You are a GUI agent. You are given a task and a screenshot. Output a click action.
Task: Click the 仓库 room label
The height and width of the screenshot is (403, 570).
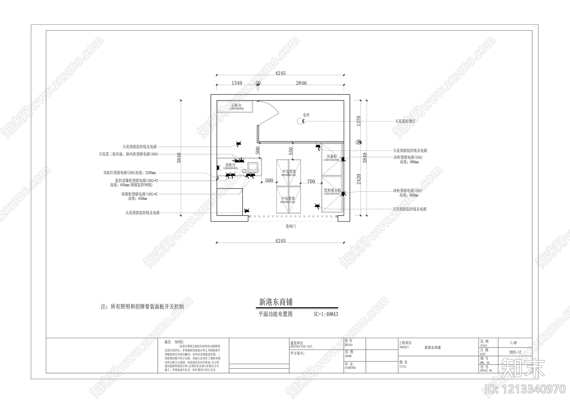click(x=306, y=115)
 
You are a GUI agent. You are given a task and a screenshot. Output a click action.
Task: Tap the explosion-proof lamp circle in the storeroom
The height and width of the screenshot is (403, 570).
click(x=300, y=121)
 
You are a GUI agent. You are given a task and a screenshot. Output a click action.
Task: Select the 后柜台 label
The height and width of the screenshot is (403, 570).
click(x=236, y=105)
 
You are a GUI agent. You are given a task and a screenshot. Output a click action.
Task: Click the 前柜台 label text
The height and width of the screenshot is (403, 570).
click(x=230, y=165)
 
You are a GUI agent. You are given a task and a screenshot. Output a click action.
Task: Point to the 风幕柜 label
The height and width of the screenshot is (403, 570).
click(x=332, y=156)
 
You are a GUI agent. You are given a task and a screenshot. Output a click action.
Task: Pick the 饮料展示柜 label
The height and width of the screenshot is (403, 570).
click(x=332, y=191)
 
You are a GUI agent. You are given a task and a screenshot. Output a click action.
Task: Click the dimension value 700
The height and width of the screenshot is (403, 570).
click(x=311, y=181)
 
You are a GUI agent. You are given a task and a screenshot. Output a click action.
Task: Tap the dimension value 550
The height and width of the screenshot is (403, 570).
click(x=291, y=151)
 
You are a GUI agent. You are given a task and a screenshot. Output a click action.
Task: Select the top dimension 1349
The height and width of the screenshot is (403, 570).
click(x=237, y=83)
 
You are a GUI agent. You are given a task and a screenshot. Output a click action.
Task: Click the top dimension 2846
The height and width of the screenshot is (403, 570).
click(x=301, y=83)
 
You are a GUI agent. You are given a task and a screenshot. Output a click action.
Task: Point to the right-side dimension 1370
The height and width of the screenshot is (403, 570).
click(x=359, y=120)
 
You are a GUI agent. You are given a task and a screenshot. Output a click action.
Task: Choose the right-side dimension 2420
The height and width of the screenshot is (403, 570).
click(x=359, y=179)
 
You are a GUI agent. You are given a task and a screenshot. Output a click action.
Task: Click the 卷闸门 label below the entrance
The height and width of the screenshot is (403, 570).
click(x=291, y=226)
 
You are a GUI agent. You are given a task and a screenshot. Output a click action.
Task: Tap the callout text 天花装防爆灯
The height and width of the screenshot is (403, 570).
click(x=405, y=121)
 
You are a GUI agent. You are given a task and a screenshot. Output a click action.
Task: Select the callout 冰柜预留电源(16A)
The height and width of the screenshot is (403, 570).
click(x=408, y=157)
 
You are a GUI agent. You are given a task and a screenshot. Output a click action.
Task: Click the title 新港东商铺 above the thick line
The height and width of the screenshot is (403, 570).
click(x=276, y=302)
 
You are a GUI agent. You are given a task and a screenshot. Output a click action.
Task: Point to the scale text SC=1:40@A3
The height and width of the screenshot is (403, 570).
click(x=326, y=315)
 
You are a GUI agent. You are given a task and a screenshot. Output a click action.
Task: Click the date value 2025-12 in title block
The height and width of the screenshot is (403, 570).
click(x=515, y=352)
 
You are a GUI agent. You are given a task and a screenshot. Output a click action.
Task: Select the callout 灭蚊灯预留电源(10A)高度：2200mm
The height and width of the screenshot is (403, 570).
click(x=130, y=173)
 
